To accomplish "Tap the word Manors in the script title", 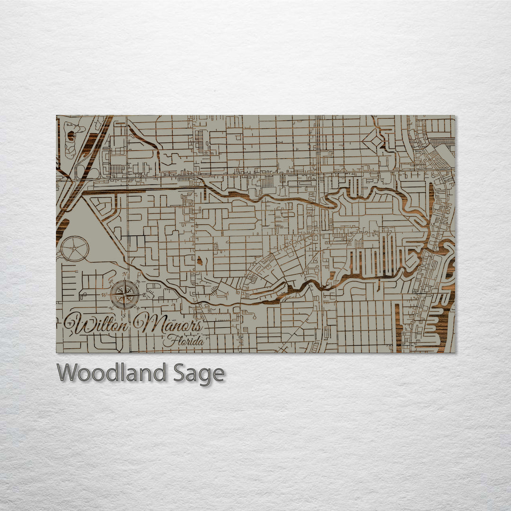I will click(x=169, y=325).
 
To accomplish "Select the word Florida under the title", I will click(x=184, y=341).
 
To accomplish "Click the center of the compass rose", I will click(x=124, y=294).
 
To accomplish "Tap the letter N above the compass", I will click(x=124, y=274).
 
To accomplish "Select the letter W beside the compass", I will click(x=105, y=294).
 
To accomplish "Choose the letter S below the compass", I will click(x=124, y=314).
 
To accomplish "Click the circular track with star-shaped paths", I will click(x=75, y=248).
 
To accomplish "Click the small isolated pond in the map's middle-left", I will click(x=199, y=260).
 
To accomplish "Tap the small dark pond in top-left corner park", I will click(x=71, y=136).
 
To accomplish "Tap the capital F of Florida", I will click(x=168, y=341).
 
